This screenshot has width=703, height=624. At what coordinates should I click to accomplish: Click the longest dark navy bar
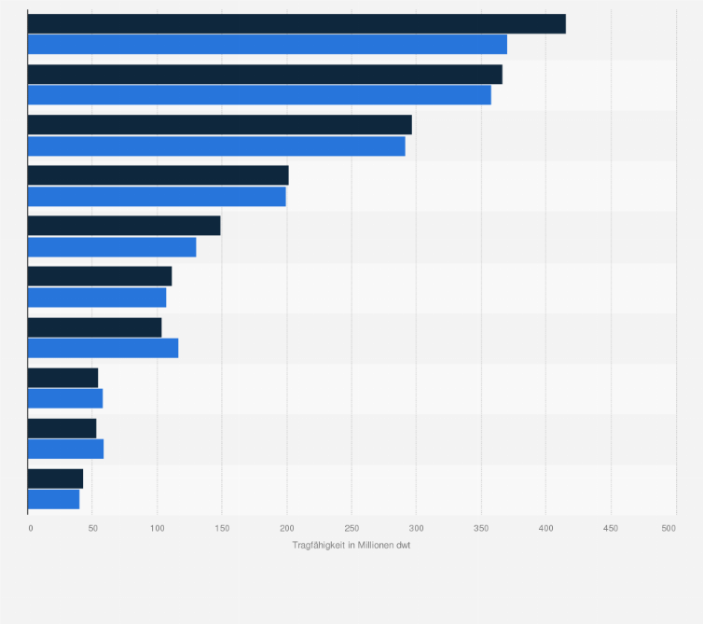tap(296, 24)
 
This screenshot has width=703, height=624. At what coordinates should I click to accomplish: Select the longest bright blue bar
tap(268, 45)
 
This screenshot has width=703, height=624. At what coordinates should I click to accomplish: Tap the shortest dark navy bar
tap(55, 478)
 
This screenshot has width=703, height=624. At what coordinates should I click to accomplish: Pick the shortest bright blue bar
tap(53, 499)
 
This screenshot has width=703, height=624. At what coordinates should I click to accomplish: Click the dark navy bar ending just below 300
tap(219, 125)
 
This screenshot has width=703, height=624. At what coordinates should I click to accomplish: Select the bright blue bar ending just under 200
tap(157, 196)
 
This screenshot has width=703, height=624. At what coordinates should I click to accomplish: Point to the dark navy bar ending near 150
tap(124, 226)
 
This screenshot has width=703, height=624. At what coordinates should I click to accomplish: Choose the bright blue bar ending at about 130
tap(112, 247)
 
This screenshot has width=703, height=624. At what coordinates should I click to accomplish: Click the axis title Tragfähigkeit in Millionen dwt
tap(351, 545)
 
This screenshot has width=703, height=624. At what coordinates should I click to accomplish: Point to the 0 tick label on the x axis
tap(30, 529)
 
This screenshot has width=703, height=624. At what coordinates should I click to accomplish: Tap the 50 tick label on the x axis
tap(92, 529)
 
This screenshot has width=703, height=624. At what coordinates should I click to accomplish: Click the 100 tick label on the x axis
tap(157, 529)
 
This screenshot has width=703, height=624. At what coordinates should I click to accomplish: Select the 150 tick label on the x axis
tap(222, 529)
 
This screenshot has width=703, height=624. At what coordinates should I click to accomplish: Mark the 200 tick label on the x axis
tap(287, 529)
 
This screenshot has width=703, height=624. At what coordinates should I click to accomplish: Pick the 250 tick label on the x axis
tap(351, 529)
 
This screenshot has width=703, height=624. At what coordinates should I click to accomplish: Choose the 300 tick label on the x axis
tap(417, 529)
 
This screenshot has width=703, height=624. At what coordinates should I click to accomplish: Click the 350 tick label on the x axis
tap(481, 529)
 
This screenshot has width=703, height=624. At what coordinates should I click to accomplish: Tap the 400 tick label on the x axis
tap(546, 529)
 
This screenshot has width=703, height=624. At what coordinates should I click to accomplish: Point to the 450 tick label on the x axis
tap(611, 529)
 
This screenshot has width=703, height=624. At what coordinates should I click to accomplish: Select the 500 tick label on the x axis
tap(669, 529)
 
